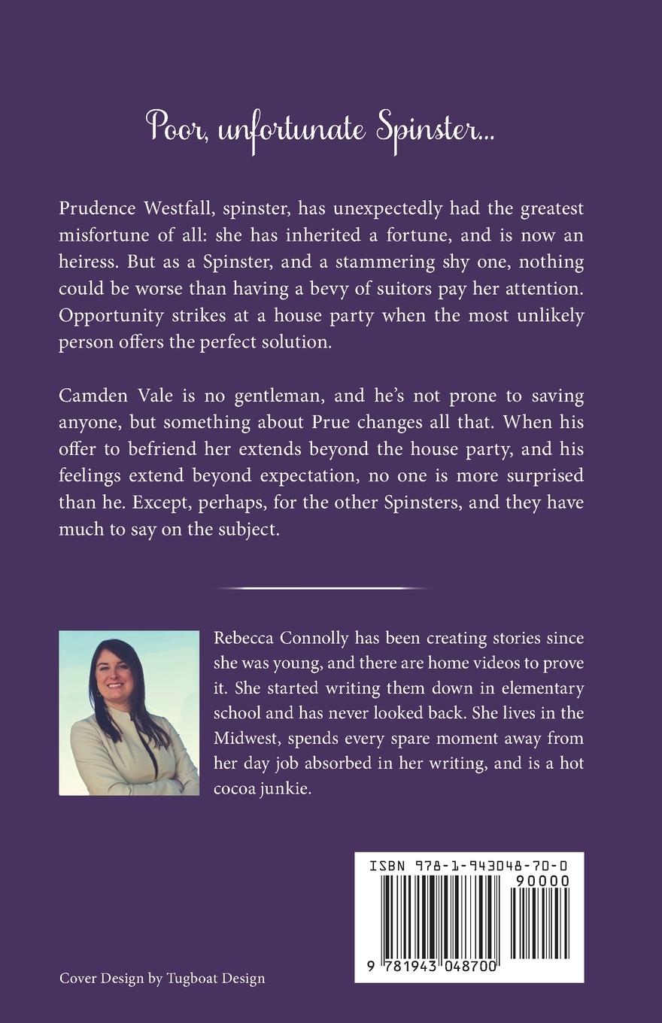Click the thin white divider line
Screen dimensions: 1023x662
(x=322, y=587)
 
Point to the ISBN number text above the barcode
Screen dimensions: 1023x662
(x=469, y=867)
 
